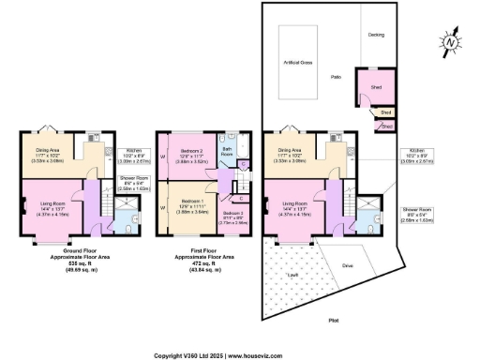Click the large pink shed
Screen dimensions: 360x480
[x=371, y=92]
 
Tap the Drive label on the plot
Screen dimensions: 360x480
[x=347, y=265]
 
